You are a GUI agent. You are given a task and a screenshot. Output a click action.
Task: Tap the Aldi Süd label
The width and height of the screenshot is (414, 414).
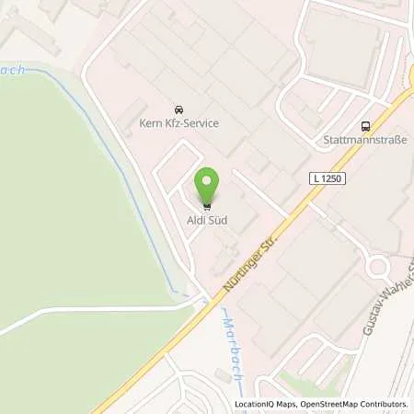(x=209, y=220)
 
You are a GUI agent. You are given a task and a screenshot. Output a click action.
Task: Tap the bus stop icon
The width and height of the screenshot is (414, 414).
(x=366, y=127)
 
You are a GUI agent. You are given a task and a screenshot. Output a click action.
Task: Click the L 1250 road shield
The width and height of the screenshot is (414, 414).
(x=327, y=178)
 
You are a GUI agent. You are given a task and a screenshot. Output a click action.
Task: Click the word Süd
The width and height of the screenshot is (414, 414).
(x=218, y=220)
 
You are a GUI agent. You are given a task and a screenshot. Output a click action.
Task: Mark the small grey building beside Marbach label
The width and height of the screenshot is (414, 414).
(x=220, y=374)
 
